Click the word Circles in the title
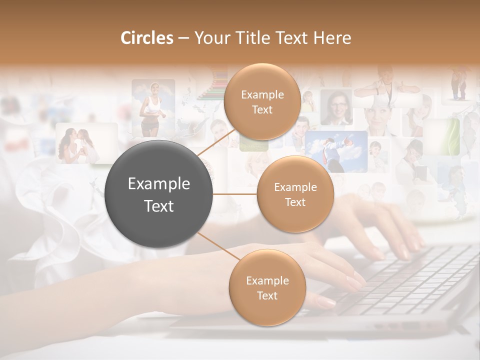(x=146, y=38)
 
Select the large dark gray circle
(x=158, y=194)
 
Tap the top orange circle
(x=262, y=101)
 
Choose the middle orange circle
(x=295, y=194)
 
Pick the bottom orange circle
(x=267, y=287)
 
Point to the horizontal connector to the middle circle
(x=234, y=194)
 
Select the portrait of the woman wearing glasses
(x=335, y=107)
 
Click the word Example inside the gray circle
(x=158, y=184)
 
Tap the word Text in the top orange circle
(x=262, y=110)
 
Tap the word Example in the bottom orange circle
(x=267, y=280)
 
